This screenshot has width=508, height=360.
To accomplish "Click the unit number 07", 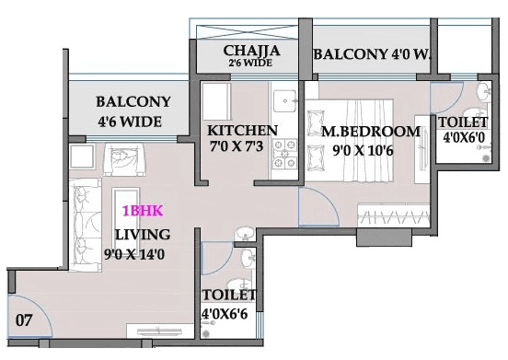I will click(26, 321).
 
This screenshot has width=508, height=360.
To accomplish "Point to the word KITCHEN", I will click(242, 130).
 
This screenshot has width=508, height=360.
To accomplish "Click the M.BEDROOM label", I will click(371, 131).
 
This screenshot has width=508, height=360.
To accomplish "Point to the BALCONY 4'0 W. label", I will click(372, 55).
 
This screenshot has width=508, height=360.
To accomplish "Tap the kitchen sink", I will click(283, 97).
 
